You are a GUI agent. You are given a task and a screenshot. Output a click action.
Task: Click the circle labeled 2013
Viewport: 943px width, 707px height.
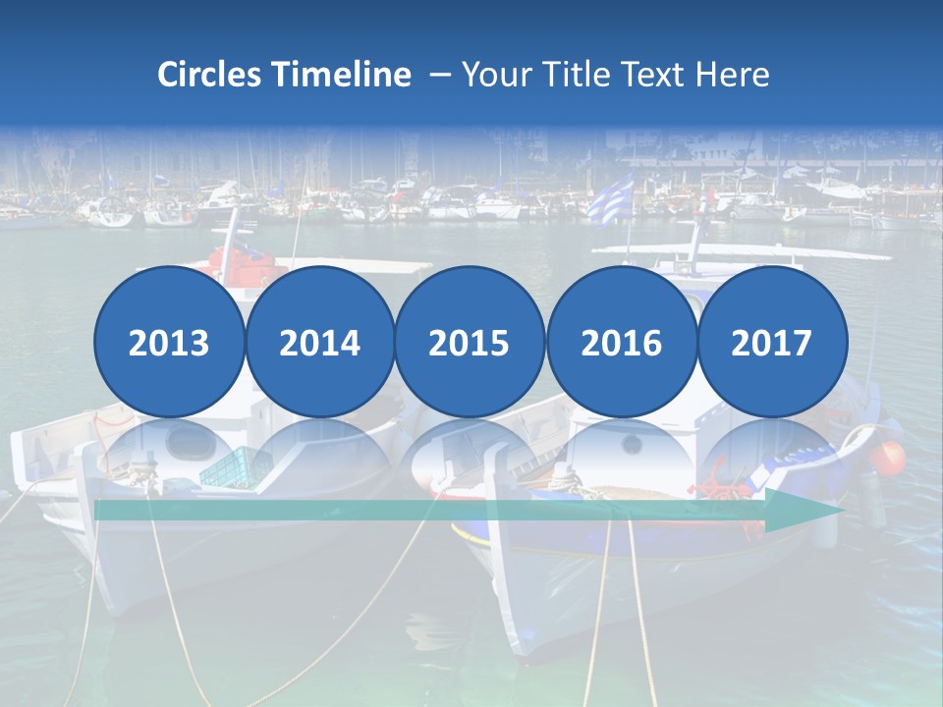[169, 342]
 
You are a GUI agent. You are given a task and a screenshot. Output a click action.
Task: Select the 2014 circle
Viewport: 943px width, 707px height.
[320, 342]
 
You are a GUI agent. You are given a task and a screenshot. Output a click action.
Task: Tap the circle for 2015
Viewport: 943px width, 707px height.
[470, 342]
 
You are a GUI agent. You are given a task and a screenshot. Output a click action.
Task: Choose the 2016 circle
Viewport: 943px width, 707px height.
[622, 342]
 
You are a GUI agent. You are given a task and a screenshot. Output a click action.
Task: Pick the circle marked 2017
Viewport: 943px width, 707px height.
[772, 342]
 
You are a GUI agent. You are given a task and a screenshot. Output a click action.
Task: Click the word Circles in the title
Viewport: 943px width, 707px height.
[209, 75]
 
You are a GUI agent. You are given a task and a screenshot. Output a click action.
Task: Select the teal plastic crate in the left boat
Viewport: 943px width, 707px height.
[231, 467]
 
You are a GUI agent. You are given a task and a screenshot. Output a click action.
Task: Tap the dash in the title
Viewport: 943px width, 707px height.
[439, 75]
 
